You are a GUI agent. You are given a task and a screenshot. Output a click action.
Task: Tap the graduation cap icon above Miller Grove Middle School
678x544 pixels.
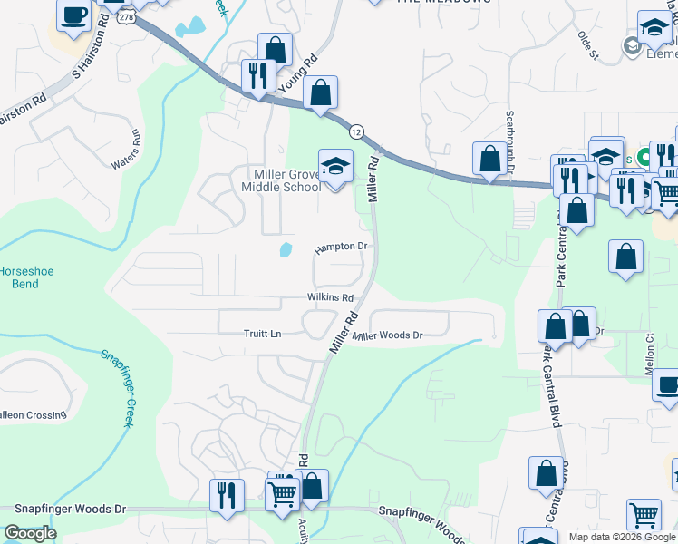point(335,167)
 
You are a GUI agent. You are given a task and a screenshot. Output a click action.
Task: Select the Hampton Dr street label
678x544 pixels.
point(341,247)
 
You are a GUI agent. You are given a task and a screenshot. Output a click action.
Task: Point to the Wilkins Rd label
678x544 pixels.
point(329,297)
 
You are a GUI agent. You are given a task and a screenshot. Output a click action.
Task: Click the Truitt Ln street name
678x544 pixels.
point(263,334)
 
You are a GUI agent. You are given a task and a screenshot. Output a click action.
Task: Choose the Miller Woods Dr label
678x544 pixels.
point(388,335)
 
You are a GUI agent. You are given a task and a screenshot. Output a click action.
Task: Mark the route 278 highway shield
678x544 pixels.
point(125,16)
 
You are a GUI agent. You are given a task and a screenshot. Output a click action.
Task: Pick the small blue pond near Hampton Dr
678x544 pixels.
point(286,248)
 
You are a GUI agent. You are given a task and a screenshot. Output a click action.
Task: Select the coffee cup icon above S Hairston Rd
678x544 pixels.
point(74,15)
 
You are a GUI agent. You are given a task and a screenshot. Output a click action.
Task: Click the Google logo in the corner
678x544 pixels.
point(29,533)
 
